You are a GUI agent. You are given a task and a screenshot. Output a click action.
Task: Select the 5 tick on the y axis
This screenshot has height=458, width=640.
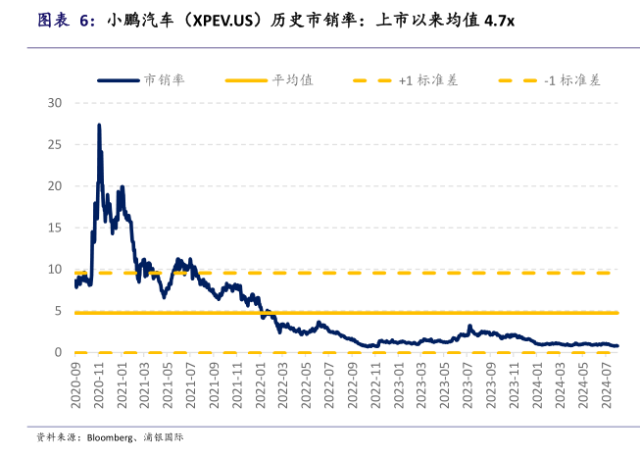click(x=59, y=311)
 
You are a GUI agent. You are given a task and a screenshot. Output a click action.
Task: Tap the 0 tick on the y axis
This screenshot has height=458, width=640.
click(x=59, y=353)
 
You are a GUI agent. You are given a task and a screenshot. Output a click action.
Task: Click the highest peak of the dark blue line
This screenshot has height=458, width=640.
click(x=99, y=126)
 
